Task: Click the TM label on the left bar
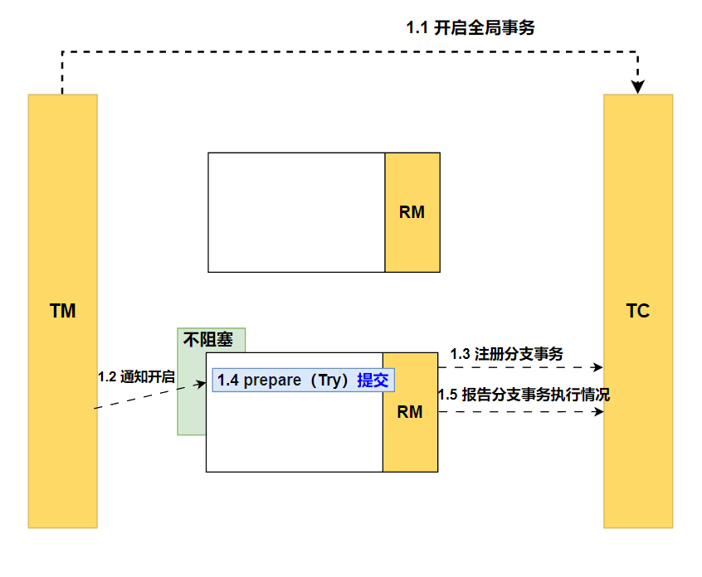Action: pyautogui.click(x=62, y=312)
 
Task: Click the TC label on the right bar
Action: pyautogui.click(x=637, y=312)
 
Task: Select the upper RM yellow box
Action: pyautogui.click(x=412, y=212)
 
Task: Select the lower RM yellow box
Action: pyautogui.click(x=410, y=412)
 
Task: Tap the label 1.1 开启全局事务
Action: pyautogui.click(x=470, y=28)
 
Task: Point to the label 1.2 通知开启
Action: pyautogui.click(x=136, y=376)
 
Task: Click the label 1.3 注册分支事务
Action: pyautogui.click(x=506, y=354)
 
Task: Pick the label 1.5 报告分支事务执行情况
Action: pyautogui.click(x=524, y=395)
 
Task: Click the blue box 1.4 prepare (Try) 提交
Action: pyautogui.click(x=303, y=381)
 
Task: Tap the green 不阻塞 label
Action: pyautogui.click(x=207, y=340)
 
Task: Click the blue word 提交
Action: pyautogui.click(x=373, y=381)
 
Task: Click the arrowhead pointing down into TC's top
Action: pyautogui.click(x=638, y=85)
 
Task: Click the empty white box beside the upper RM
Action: pyautogui.click(x=296, y=212)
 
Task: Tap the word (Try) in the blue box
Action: pyautogui.click(x=328, y=381)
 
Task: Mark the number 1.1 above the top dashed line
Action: pyautogui.click(x=417, y=28)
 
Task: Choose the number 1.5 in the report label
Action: pyautogui.click(x=447, y=395)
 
